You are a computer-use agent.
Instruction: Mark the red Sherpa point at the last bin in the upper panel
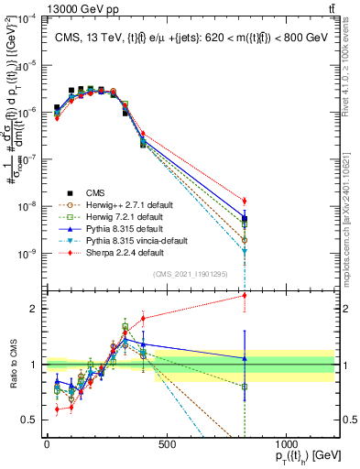click(x=245, y=201)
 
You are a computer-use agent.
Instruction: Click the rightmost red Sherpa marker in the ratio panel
click(x=245, y=295)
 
